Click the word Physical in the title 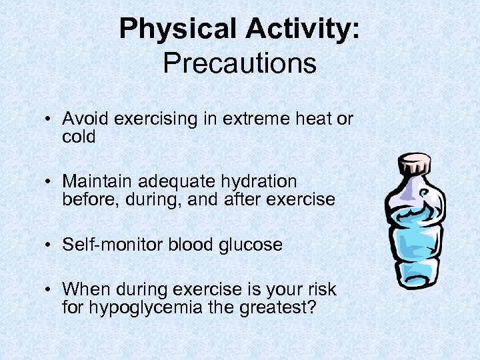coord(178,30)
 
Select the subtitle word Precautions coord(239,63)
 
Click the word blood coord(189,245)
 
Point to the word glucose coord(251,245)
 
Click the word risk coord(321,289)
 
